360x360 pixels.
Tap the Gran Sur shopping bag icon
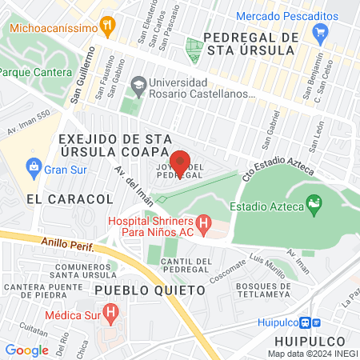coord(33,167)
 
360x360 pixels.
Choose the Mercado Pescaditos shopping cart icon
coord(321,33)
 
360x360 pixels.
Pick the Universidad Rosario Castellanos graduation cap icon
coord(138,83)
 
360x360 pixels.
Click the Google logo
coord(26,350)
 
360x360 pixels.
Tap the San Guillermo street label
coord(85,76)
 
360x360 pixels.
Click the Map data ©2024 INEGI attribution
coord(313,353)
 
